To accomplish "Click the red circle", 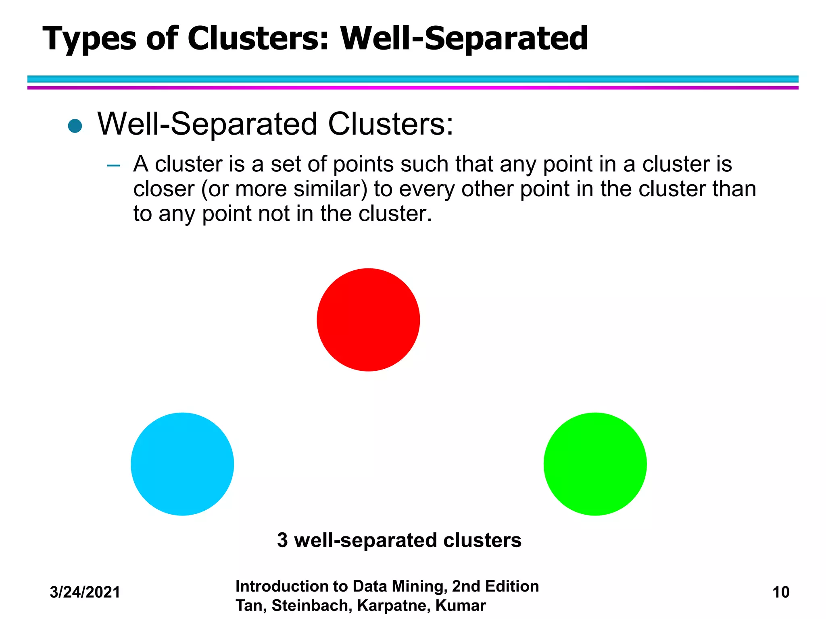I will [x=368, y=320].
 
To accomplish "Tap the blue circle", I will [x=182, y=464].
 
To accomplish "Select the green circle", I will [x=595, y=464].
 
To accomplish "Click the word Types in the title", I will [x=90, y=39].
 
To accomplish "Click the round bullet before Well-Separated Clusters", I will [x=75, y=126].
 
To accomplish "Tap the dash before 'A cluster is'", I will [x=114, y=165].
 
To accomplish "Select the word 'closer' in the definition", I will [x=164, y=189].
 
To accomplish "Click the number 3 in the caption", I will [x=282, y=540].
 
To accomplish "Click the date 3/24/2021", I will [x=85, y=592].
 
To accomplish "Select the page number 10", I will [x=780, y=592].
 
